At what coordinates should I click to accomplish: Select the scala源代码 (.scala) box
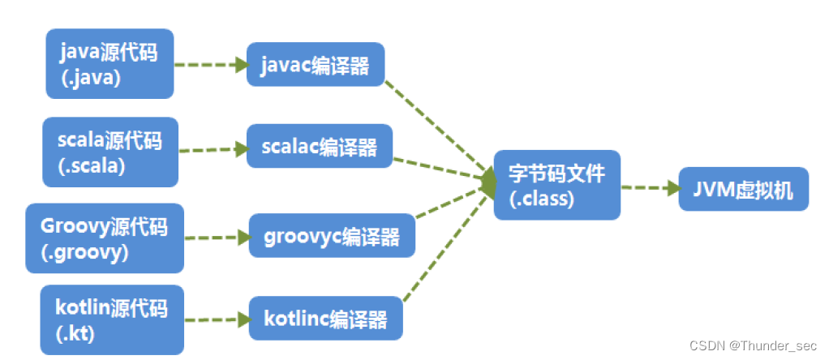pyautogui.click(x=110, y=152)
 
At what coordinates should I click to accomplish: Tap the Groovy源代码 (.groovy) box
pyautogui.click(x=104, y=238)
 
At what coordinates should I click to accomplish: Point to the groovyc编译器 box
pyautogui.click(x=332, y=237)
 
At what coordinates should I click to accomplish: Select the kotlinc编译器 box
pyautogui.click(x=326, y=319)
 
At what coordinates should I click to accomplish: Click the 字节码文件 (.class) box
pyautogui.click(x=556, y=184)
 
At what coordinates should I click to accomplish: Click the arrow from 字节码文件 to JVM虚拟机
pyautogui.click(x=649, y=187)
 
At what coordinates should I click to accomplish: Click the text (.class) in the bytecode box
pyautogui.click(x=543, y=197)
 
